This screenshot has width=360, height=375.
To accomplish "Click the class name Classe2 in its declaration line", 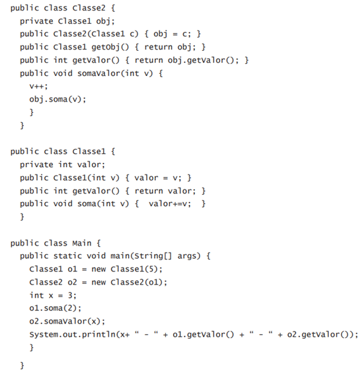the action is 89,8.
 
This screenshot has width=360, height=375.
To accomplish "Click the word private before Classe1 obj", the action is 36,21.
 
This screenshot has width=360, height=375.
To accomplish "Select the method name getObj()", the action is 110,47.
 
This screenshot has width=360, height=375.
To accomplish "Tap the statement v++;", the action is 38,86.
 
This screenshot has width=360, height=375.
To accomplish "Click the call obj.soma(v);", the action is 57,99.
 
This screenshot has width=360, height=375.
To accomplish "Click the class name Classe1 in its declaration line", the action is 89,151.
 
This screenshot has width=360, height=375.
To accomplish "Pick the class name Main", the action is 82,243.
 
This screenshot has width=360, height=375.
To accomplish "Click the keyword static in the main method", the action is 67,256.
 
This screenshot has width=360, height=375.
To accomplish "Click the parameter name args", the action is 186,257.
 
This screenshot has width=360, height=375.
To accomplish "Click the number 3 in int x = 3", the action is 70,295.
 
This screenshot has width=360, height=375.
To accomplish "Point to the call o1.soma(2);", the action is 55,308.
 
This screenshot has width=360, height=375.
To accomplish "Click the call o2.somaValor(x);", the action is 67,321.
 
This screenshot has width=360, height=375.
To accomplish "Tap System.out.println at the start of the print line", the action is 72,335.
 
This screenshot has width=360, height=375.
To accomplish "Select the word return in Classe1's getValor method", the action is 149,191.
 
